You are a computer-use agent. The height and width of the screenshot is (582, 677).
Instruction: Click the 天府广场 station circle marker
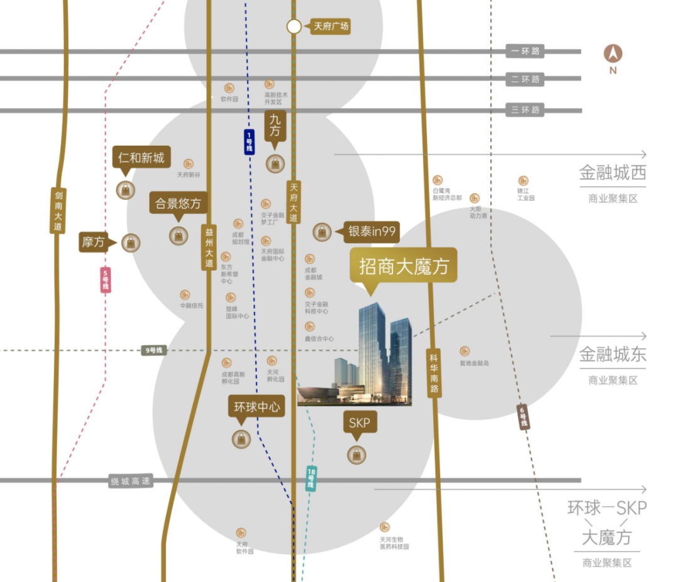[x=294, y=26]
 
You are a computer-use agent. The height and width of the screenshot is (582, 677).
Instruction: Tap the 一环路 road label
[x=525, y=51]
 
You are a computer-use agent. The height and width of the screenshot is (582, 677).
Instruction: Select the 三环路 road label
[x=525, y=110]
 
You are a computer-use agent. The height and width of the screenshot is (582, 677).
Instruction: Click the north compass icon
[x=612, y=54]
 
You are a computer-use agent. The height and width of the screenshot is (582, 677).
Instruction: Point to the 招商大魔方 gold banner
[x=404, y=266]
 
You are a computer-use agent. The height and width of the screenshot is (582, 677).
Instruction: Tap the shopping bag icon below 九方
[x=275, y=164]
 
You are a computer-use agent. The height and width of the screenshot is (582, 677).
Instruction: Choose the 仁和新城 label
[x=142, y=158]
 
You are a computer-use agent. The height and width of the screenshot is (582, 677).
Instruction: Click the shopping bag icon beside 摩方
[x=131, y=242]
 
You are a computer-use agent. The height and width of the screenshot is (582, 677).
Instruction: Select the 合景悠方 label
[x=179, y=203]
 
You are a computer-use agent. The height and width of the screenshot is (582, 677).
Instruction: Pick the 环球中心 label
[x=256, y=407]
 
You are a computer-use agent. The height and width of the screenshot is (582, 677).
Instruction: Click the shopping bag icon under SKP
[x=356, y=455]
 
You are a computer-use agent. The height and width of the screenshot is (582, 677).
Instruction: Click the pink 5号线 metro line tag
[x=105, y=279]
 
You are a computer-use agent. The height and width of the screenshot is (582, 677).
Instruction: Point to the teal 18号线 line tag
[x=311, y=478]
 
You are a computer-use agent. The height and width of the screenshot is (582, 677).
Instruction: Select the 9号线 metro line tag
[x=154, y=350]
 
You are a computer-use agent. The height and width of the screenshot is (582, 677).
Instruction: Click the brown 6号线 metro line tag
[x=523, y=417]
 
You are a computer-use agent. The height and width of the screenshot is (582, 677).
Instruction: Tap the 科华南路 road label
[x=434, y=372]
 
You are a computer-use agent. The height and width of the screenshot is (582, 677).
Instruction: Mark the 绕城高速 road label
[x=131, y=482]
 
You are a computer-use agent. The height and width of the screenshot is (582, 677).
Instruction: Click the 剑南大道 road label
[x=58, y=211]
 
